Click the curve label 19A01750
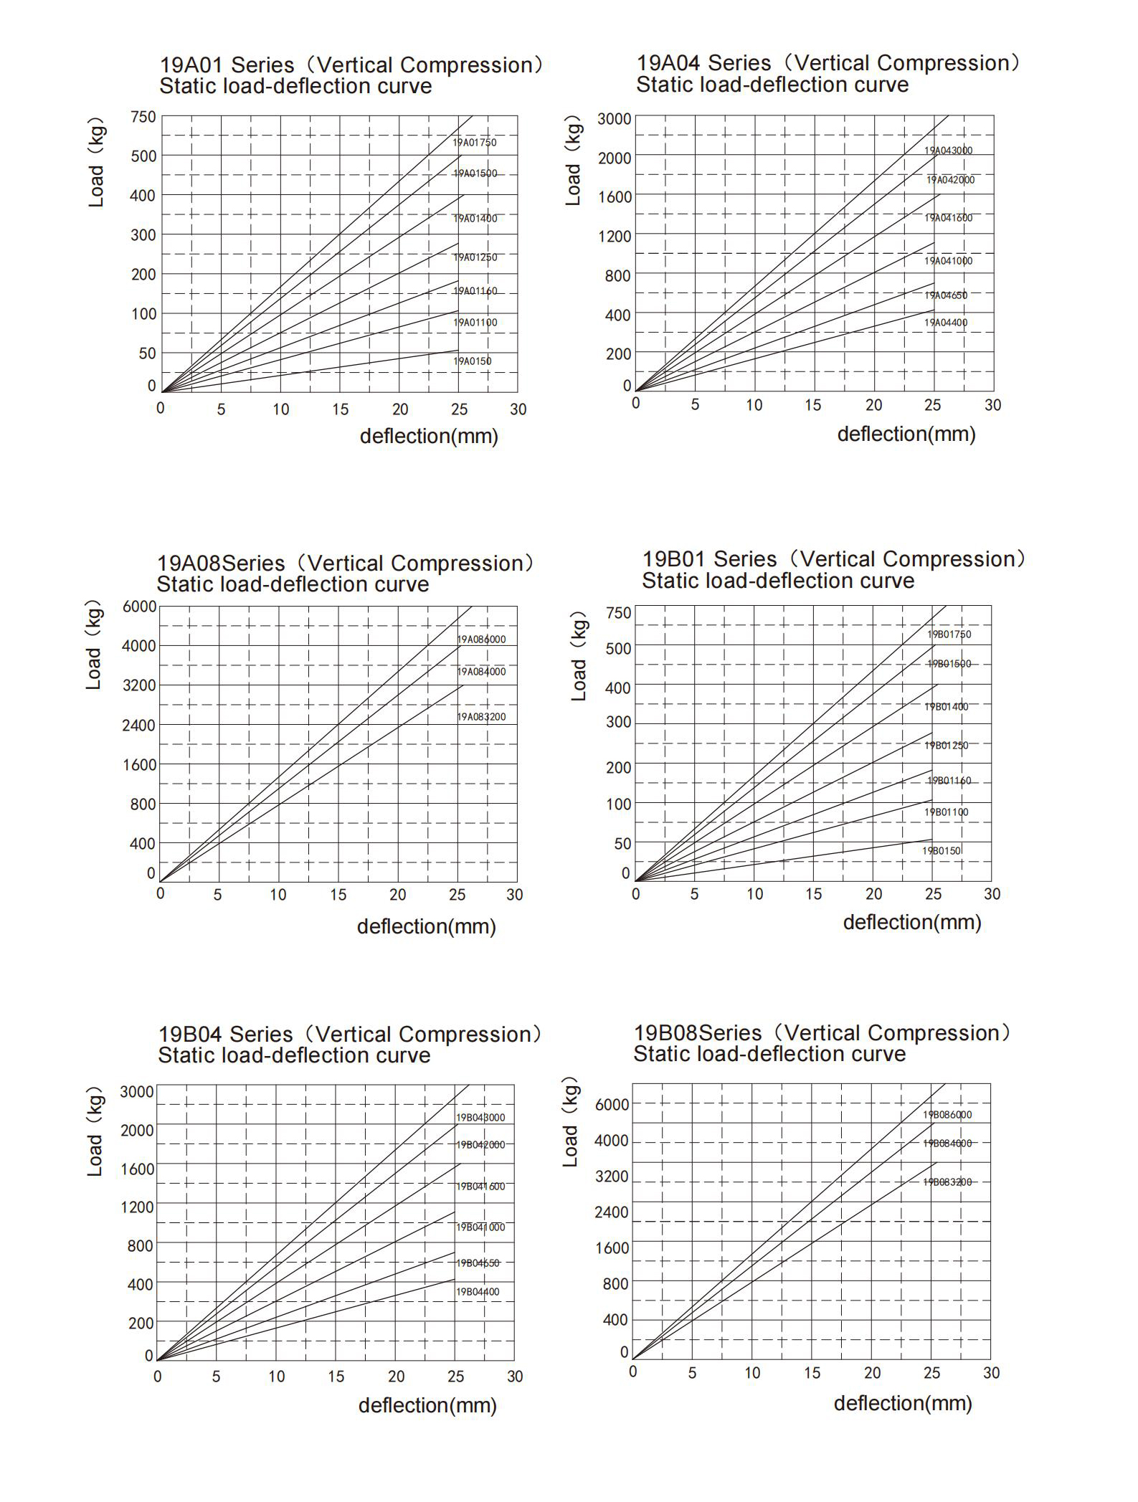pyautogui.click(x=474, y=143)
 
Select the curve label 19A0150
pyautogui.click(x=473, y=361)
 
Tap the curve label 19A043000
pyautogui.click(x=948, y=151)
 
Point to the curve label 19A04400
pyautogui.click(x=945, y=323)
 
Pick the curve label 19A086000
pyautogui.click(x=481, y=640)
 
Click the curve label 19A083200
pyautogui.click(x=481, y=717)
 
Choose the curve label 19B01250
pyautogui.click(x=946, y=746)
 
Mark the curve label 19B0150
pyautogui.click(x=941, y=851)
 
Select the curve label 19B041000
pyautogui.click(x=480, y=1227)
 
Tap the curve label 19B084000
pyautogui.click(x=947, y=1144)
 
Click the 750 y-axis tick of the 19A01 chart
pyautogui.click(x=143, y=117)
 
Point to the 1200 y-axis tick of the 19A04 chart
pyautogui.click(x=615, y=236)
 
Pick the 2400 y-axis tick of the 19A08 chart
pyautogui.click(x=138, y=725)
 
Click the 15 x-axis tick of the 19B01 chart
pyautogui.click(x=813, y=894)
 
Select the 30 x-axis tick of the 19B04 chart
pyautogui.click(x=515, y=1377)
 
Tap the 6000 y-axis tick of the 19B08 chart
pyautogui.click(x=612, y=1105)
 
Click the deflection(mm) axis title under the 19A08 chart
pyautogui.click(x=426, y=927)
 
